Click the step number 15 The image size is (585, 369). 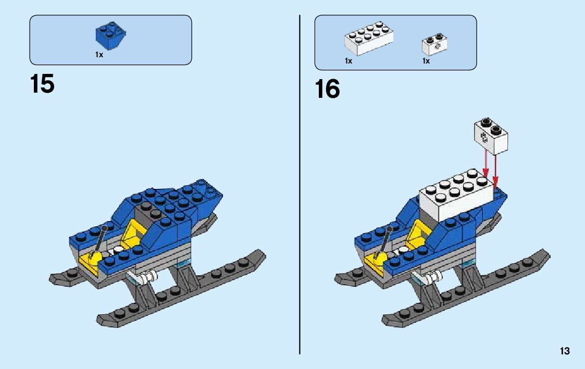click(x=42, y=84)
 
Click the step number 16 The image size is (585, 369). click(x=327, y=89)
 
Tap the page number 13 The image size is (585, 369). click(x=565, y=351)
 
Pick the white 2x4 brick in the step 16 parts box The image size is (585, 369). click(x=368, y=39)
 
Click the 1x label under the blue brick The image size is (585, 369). click(x=99, y=55)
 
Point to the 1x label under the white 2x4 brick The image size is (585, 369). click(x=348, y=61)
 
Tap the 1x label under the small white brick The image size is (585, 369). click(x=426, y=61)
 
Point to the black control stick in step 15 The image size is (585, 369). click(x=101, y=239)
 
